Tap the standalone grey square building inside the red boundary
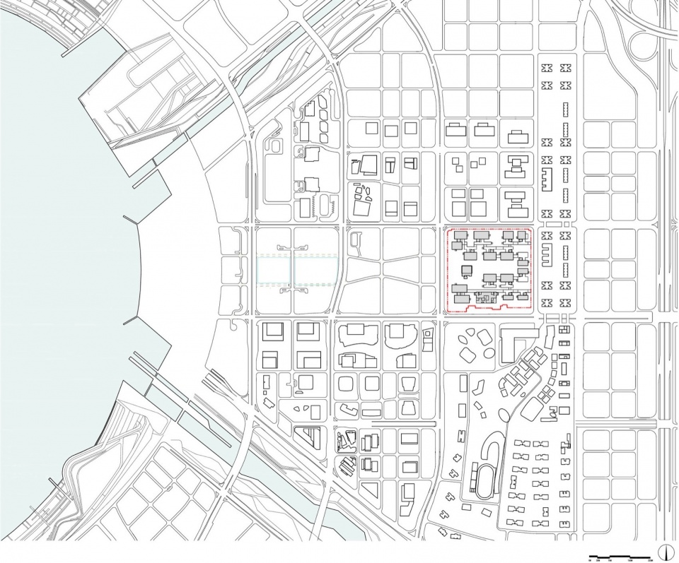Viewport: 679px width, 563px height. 467,271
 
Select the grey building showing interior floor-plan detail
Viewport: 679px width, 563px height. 484,299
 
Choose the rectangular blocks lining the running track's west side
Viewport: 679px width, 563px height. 470,480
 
